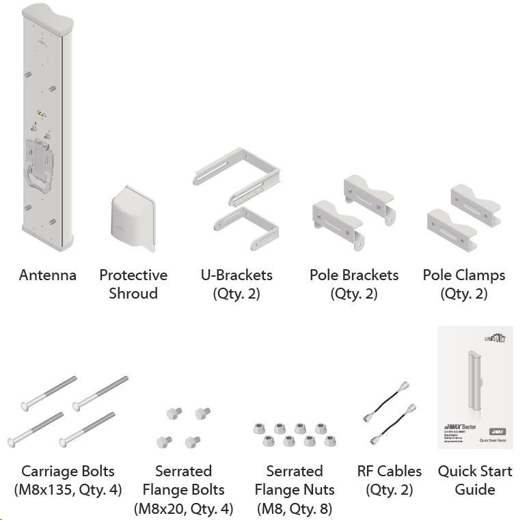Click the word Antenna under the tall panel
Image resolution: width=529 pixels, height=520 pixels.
pos(48,275)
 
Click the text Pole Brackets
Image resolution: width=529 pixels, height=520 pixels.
pos(353,275)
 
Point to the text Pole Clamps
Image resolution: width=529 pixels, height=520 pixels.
pos(464,275)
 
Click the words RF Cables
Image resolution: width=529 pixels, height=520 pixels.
pos(390,471)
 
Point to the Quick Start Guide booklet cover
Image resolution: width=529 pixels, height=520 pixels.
pos(476,388)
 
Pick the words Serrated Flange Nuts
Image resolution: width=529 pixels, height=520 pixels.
pos(295,480)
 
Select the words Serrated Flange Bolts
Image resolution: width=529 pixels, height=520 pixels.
pos(184,480)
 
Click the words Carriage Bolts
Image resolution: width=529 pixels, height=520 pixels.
pos(68,471)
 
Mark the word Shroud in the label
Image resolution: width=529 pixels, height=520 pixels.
pos(133,294)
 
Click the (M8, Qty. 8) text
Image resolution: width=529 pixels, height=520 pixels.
pos(295,508)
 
